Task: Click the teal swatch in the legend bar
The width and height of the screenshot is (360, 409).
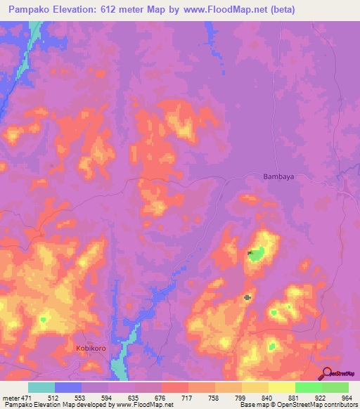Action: (x=41, y=387)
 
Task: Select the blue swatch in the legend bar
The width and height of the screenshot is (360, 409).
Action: (x=68, y=387)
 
